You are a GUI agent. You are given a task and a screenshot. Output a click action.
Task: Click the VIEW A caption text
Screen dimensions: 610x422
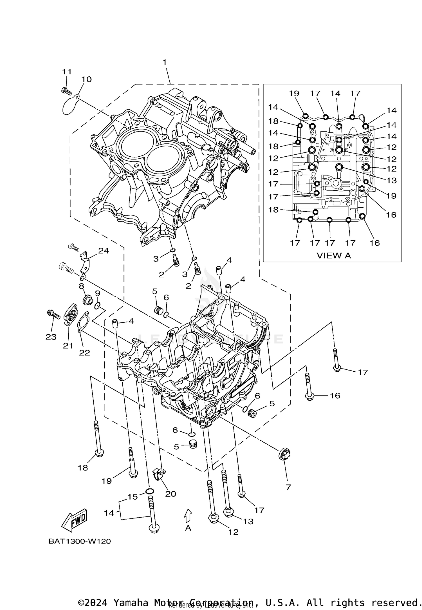coord(334,256)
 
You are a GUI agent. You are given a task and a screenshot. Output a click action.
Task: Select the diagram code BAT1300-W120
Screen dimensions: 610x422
coord(80,541)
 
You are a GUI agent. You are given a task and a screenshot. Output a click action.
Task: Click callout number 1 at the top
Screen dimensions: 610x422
coord(165,62)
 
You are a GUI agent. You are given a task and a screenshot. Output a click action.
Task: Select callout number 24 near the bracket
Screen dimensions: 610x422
coord(103,250)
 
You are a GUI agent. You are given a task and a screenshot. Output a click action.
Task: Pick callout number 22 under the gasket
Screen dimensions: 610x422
coord(84,352)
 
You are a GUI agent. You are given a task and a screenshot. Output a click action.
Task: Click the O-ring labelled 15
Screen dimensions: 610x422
coord(150,492)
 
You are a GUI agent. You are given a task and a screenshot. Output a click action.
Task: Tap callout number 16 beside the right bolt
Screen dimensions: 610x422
coord(335,396)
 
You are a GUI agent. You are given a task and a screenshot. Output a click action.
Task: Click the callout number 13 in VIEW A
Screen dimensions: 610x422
coord(391,180)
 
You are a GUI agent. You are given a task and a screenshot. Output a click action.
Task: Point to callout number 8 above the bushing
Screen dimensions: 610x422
coord(81,286)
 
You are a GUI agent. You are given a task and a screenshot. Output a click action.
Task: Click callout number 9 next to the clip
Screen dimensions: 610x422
coord(97,293)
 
